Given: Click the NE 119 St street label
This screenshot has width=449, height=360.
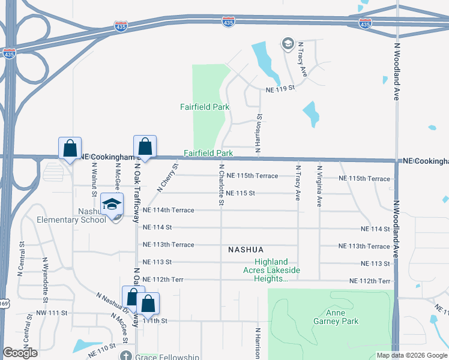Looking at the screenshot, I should tap(282, 88).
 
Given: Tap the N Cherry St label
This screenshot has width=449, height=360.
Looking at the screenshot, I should tap(167, 178).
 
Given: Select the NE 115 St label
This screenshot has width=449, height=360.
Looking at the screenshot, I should tap(241, 193).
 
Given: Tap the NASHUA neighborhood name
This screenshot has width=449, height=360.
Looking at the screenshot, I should tap(246, 249).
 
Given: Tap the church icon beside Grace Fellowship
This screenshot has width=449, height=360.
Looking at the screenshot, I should tap(125, 356).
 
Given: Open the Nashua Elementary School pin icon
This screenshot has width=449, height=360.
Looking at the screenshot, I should tap(111, 204).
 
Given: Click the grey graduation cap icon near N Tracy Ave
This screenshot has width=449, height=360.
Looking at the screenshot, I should tap(288, 43).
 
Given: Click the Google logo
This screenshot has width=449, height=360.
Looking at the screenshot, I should tap(20, 353).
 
